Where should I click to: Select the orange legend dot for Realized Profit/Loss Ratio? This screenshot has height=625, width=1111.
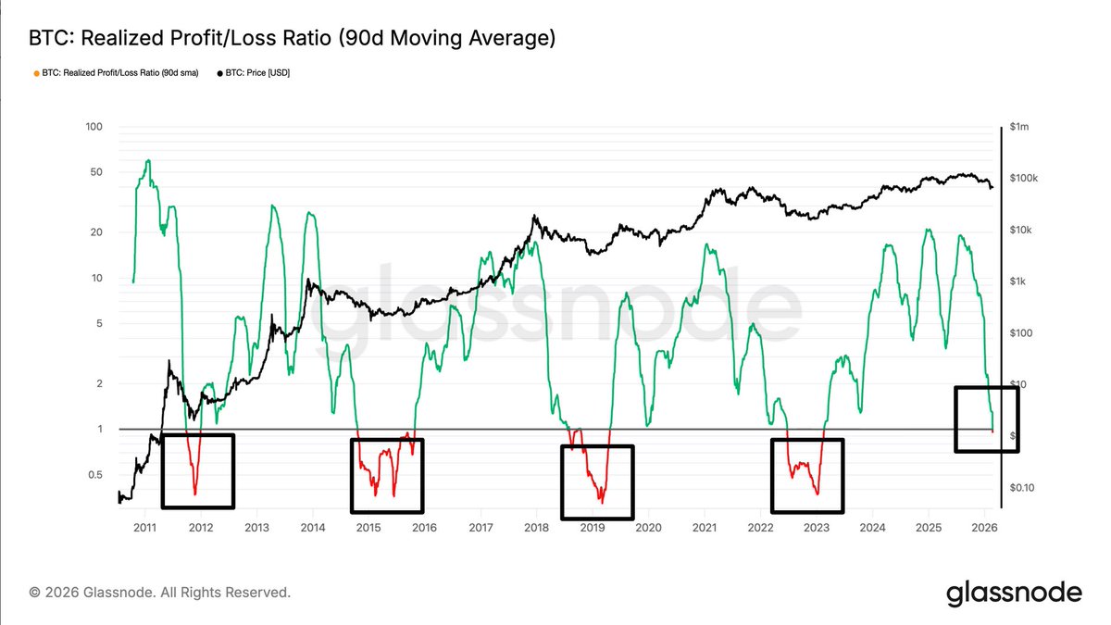click(x=35, y=72)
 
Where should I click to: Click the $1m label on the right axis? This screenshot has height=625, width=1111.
click(x=1020, y=127)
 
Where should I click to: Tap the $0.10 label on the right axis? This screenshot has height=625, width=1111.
click(x=1024, y=488)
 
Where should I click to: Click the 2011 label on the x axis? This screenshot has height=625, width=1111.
click(x=144, y=528)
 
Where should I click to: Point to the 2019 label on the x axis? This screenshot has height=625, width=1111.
click(x=593, y=528)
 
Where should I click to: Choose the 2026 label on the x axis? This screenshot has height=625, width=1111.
click(x=984, y=528)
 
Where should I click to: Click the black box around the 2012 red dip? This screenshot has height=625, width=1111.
click(x=197, y=470)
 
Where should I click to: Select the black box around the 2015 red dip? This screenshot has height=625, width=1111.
click(x=386, y=475)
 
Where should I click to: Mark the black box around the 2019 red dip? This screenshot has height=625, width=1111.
click(x=597, y=481)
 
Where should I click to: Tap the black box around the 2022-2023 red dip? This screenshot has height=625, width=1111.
click(x=807, y=475)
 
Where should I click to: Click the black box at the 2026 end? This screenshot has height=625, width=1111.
click(x=986, y=419)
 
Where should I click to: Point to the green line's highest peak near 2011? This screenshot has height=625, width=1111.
click(x=147, y=161)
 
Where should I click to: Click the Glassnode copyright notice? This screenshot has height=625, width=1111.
click(x=159, y=592)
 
